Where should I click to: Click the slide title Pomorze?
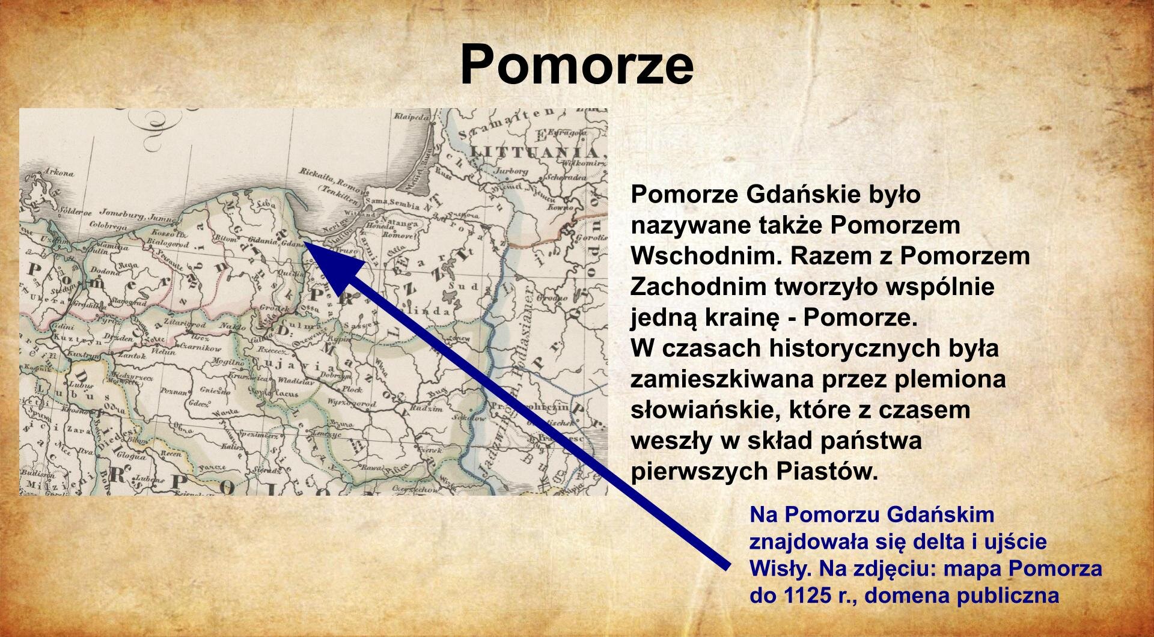(x=576, y=65)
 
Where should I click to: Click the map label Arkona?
(x=60, y=174)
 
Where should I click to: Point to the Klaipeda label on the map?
(x=412, y=117)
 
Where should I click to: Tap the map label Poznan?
(x=175, y=391)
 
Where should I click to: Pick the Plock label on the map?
(x=353, y=389)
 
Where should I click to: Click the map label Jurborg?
(x=510, y=171)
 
